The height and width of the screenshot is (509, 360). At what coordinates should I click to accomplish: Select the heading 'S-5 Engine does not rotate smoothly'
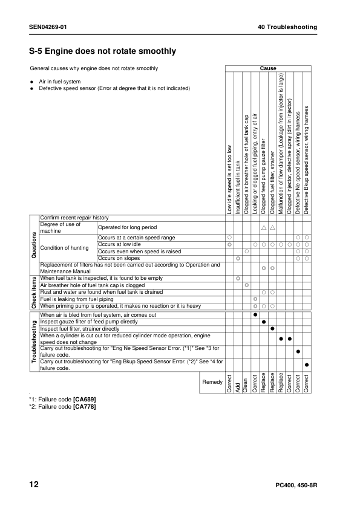coord(103,51)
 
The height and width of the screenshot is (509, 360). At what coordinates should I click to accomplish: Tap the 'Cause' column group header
coord(268,69)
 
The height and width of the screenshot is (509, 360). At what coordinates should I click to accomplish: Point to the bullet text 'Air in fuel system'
coord(60,81)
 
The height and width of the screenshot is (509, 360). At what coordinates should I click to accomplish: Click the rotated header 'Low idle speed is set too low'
coord(229,178)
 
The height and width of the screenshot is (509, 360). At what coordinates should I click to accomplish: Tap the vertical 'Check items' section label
coord(34,293)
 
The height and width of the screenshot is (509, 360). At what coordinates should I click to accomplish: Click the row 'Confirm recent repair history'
coord(74,217)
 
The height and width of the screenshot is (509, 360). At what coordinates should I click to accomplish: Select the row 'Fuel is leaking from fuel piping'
coord(77,299)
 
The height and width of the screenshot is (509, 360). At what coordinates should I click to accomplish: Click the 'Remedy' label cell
coord(212,383)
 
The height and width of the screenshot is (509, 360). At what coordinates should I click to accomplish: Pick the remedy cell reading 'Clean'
coord(246,383)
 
